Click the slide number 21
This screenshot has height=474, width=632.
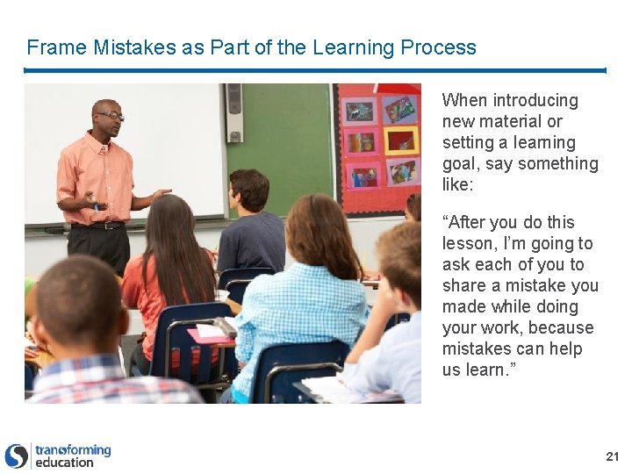612,456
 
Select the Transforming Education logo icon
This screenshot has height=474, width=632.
17,456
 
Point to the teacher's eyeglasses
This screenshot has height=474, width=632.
111,115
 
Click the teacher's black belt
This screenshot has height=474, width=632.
97,226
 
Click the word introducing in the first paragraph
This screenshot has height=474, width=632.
535,101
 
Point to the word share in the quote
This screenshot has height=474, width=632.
465,286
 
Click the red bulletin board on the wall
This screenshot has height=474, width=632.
377,145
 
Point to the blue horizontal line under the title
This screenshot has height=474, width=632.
315,70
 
